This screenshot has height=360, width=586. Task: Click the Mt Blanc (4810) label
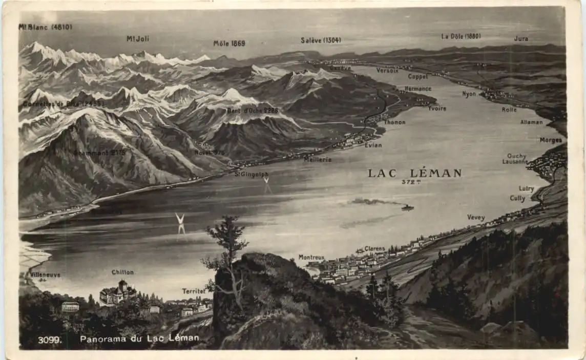pos(45,27)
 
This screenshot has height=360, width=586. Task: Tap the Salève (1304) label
pos(321,40)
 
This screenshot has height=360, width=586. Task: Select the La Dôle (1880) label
pos(461,36)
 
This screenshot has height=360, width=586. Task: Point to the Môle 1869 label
pos(229,44)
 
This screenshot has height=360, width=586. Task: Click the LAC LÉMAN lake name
pos(414,173)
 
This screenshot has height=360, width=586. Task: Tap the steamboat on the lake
pos(407,207)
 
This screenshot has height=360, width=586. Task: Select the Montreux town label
pos(311,257)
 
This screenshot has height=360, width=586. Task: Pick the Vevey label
pos(476,218)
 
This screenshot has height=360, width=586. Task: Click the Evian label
pos(373,145)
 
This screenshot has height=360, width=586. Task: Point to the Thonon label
pos(394,122)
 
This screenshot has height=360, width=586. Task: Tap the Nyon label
pos(469,94)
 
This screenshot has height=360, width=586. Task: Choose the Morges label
pos(551,140)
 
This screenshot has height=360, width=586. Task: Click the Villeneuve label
pos(45,275)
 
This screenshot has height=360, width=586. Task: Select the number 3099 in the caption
pos(49,340)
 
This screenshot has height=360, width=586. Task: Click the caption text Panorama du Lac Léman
pos(139,338)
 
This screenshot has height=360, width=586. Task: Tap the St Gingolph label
pos(252,174)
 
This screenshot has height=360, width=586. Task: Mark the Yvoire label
pos(437,108)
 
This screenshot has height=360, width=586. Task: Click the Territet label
pos(194,291)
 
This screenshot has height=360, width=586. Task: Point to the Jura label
pos(521,38)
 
